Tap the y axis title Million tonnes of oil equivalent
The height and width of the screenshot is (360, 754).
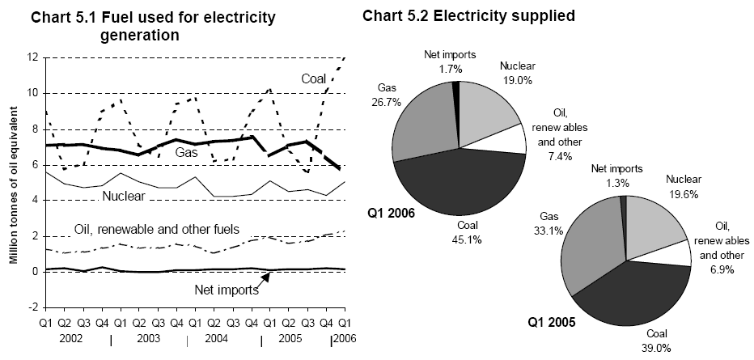(13, 183)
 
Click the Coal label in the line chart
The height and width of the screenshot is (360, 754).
(314, 78)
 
